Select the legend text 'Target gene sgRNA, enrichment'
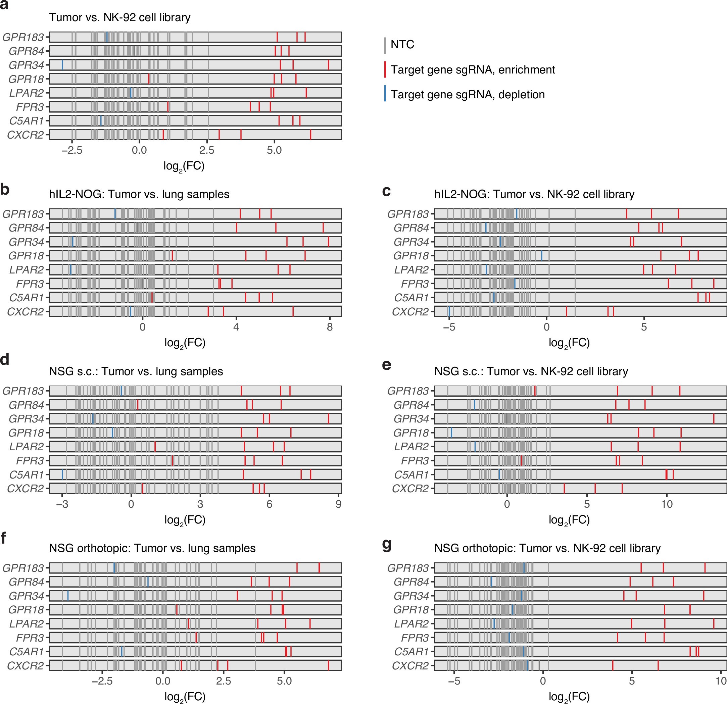coord(473,70)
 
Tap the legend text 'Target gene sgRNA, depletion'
coord(467,95)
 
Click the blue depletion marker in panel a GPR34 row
coord(62,65)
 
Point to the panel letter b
coord(5,190)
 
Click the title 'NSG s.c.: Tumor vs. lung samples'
coord(136,371)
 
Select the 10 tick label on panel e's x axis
coord(667,504)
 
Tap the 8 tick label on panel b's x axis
coord(329,327)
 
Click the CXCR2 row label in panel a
coord(25,135)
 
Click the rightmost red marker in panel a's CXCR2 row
coord(310,135)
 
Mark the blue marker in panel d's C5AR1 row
coord(62,474)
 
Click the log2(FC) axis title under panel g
coord(569,697)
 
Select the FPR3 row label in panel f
coord(30,638)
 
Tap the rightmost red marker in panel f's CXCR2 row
coord(328,665)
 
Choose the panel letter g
coord(387,545)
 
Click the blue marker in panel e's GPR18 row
coord(451,433)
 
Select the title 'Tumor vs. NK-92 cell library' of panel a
coord(119,17)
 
